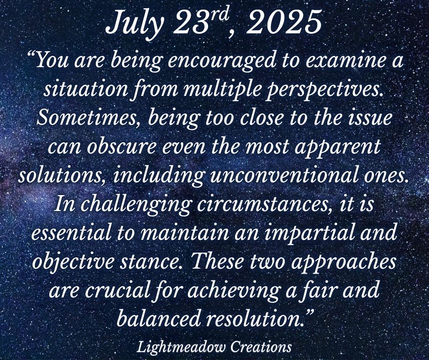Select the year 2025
tap(284, 22)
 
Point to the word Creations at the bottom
tap(261, 347)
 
